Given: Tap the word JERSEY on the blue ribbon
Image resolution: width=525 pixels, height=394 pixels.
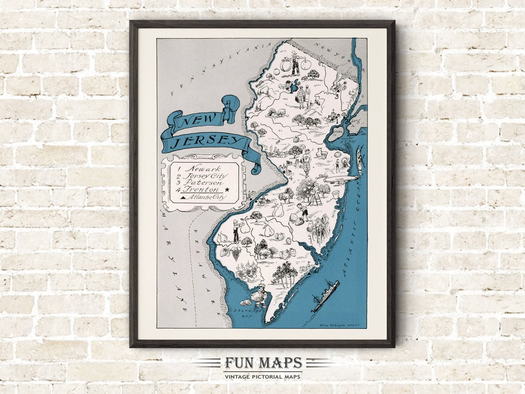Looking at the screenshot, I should click(209, 142).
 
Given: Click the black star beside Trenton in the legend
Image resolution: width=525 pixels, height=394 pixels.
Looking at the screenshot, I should click(227, 190).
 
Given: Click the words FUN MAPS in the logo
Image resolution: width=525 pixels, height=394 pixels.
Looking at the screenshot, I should click(262, 363).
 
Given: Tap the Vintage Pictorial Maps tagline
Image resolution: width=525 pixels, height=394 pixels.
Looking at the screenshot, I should click(262, 376).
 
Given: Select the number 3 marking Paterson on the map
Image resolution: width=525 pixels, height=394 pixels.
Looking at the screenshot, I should click(336, 96).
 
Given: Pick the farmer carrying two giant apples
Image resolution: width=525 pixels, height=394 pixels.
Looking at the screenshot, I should click(295, 64).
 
